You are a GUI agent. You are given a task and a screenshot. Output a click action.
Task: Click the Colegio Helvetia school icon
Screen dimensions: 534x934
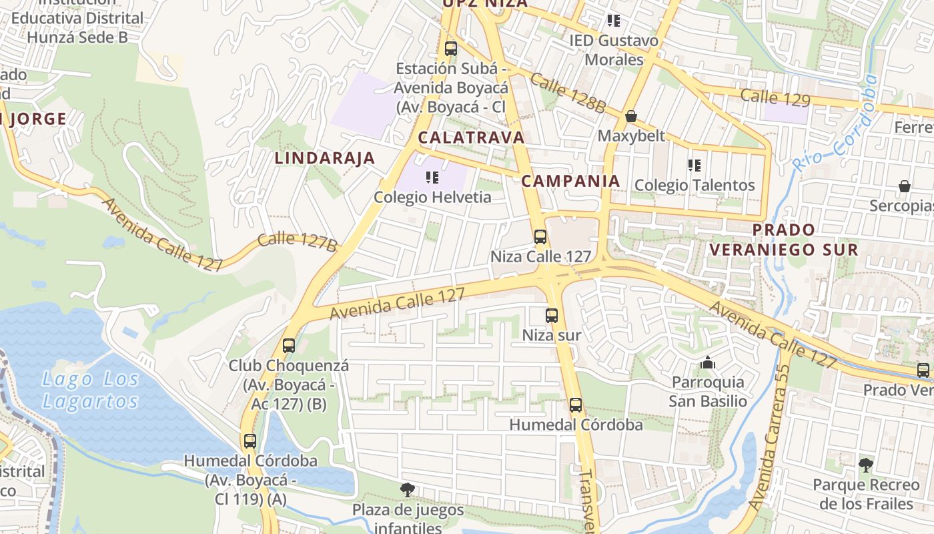(432, 178)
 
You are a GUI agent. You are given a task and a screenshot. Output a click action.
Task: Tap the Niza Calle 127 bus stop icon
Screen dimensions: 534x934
(540, 237)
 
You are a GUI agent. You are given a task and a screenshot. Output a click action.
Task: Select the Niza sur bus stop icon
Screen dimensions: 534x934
(552, 316)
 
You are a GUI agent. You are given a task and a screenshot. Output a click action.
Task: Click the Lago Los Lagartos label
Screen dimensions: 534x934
(90, 390)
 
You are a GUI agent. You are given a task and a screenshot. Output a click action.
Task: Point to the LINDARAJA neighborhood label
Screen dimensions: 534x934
(325, 158)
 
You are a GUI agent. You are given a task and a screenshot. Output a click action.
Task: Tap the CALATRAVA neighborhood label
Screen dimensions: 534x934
(471, 138)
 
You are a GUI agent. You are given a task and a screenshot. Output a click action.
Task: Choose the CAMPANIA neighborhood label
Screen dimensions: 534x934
(570, 181)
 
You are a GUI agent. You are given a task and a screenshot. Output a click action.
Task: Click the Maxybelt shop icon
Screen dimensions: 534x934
(631, 117)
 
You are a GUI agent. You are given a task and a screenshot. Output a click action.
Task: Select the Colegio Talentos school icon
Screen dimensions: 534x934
(694, 165)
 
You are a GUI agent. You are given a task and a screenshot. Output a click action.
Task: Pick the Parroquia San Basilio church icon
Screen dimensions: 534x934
(708, 363)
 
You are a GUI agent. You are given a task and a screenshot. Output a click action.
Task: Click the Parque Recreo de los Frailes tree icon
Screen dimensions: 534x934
(866, 465)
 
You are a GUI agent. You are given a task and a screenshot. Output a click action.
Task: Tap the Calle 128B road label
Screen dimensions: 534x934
(568, 93)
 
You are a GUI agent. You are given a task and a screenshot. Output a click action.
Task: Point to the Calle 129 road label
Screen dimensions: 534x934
(775, 97)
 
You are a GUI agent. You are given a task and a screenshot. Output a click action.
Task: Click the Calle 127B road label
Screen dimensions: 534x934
(297, 242)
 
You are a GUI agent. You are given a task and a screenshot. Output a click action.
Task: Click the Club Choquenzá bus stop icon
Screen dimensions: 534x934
(289, 346)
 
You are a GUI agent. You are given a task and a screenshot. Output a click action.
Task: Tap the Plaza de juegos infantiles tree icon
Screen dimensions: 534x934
(408, 490)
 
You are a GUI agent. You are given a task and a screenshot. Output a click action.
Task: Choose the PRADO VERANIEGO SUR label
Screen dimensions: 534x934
(783, 240)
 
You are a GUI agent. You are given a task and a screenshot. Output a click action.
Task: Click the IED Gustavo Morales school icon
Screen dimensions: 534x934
(614, 21)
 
